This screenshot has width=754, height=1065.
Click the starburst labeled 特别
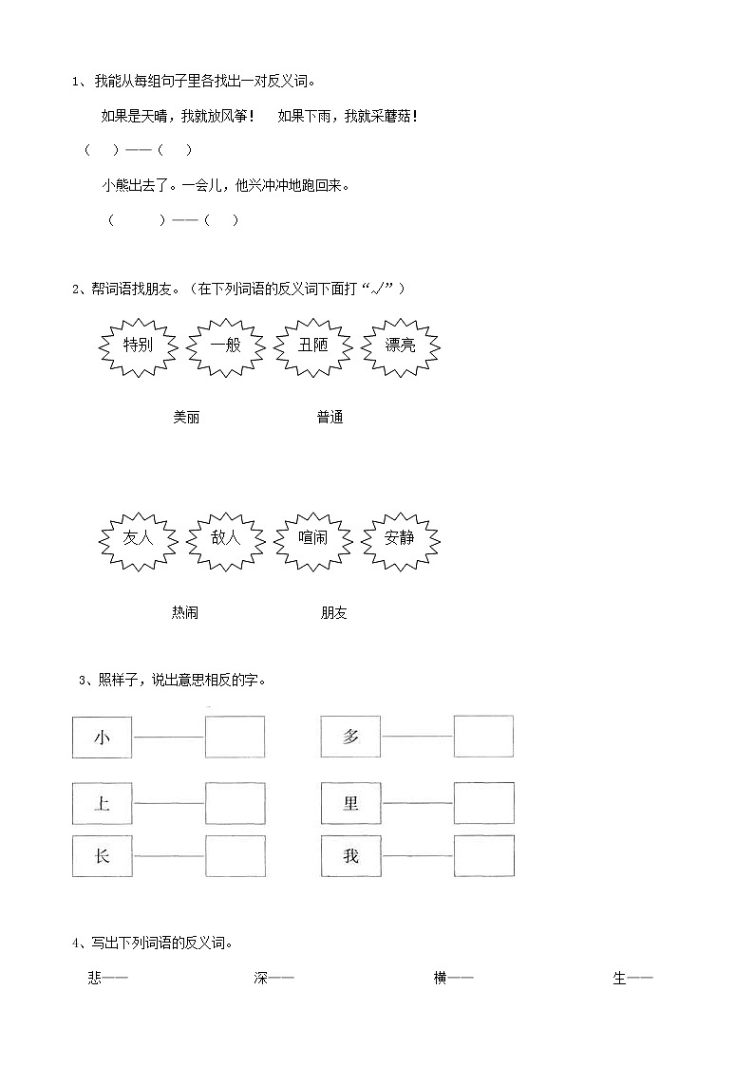tap(139, 346)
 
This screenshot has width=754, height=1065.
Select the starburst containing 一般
tap(225, 346)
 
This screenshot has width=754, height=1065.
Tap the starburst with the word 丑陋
tap(312, 346)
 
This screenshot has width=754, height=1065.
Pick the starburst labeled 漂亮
tap(400, 346)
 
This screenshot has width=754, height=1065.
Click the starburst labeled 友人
tap(139, 537)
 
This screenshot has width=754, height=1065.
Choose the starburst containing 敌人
tap(226, 537)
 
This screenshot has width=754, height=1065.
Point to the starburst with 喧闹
tap(312, 537)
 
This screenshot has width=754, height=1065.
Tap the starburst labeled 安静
tap(400, 537)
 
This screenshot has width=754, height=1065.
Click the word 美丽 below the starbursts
tap(186, 418)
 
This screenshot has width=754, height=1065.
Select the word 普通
tap(330, 418)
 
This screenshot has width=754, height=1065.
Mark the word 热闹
tap(185, 613)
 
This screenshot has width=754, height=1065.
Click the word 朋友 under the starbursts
tap(334, 613)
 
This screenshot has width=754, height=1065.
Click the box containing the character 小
tap(103, 737)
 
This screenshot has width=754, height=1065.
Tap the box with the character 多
tap(350, 737)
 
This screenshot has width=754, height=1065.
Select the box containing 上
tap(103, 803)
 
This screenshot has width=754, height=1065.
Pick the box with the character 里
tap(350, 803)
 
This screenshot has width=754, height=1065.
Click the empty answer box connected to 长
tap(235, 856)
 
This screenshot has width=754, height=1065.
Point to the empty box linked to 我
tap(483, 856)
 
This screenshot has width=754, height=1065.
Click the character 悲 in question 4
tap(94, 979)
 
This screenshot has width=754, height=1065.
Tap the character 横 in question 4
tap(440, 979)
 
